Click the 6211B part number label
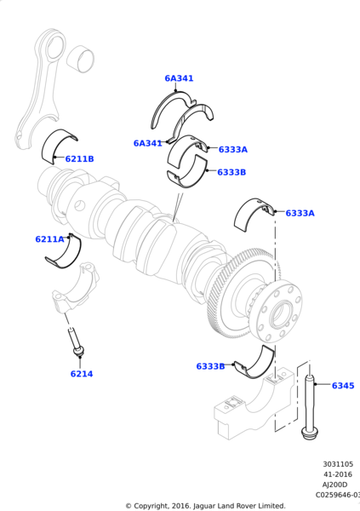(x=79, y=159)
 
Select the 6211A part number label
(x=49, y=239)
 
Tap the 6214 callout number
(x=82, y=374)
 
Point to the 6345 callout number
(x=343, y=386)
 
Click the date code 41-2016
(x=337, y=474)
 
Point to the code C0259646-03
(x=337, y=495)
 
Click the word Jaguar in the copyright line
(x=214, y=505)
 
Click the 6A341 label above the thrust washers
(x=179, y=78)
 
